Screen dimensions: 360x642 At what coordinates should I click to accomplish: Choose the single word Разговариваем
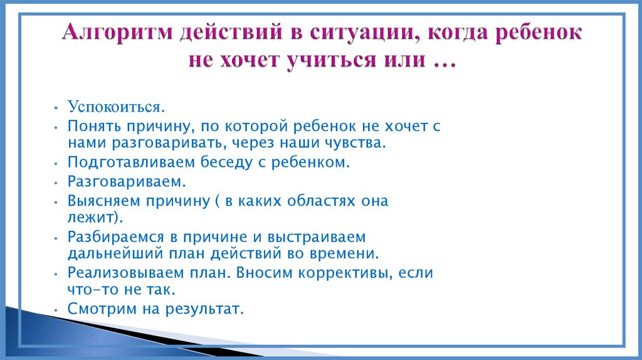[127, 181]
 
